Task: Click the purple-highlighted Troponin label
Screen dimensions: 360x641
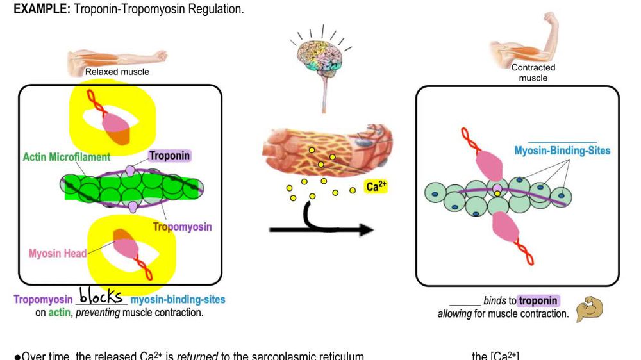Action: click(x=170, y=155)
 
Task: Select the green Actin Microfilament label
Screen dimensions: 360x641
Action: click(x=67, y=157)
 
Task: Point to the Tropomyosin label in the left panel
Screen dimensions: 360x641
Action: click(x=182, y=226)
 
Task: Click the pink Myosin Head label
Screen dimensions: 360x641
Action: click(x=57, y=253)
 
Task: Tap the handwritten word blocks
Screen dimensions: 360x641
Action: click(x=101, y=297)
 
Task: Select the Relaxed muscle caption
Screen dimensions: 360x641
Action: click(x=117, y=72)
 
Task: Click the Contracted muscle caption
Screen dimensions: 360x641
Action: click(x=533, y=72)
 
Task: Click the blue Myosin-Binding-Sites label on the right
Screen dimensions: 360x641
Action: click(x=562, y=151)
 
